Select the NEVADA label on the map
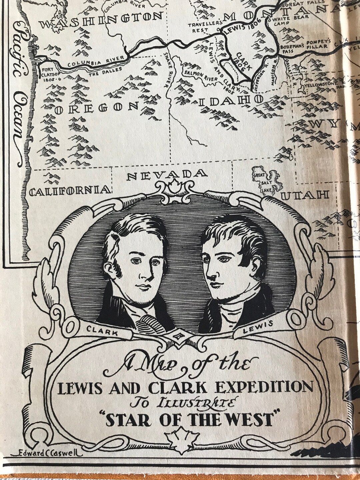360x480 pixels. (x=167, y=175)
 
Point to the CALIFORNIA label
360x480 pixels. (x=70, y=190)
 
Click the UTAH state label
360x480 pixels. (x=305, y=195)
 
